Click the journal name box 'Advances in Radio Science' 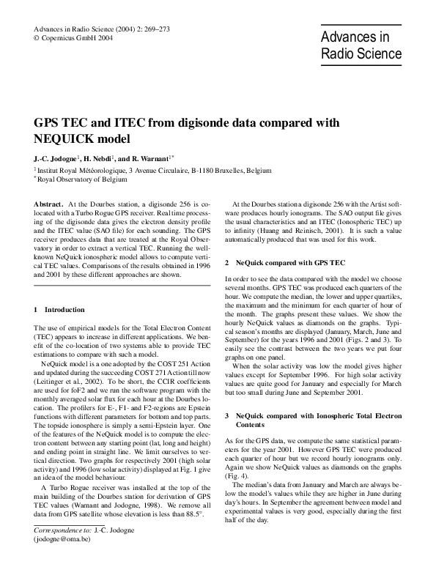click(361, 45)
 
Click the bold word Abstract click(48, 202)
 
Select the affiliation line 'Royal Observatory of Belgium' click(81, 178)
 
